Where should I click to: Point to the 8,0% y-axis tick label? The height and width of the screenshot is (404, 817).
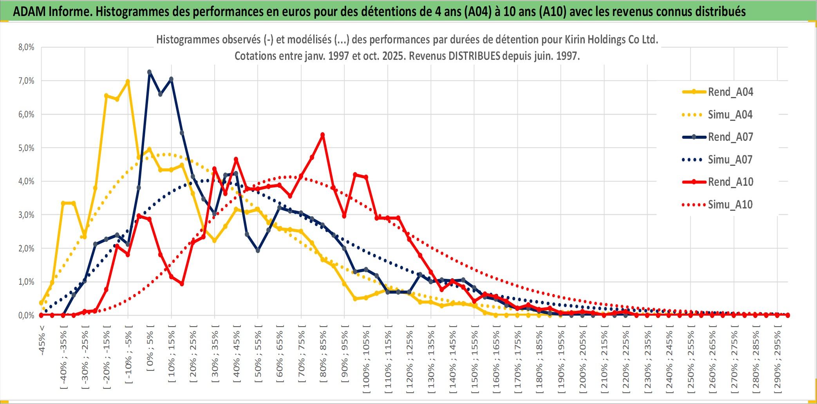coord(26,47)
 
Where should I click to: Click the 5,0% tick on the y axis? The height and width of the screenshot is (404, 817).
coord(26,148)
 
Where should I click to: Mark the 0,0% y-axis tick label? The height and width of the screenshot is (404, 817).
coord(26,315)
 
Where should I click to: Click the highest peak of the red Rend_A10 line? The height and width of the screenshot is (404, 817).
coord(322,135)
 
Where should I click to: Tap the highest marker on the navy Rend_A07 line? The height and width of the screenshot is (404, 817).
coord(149,72)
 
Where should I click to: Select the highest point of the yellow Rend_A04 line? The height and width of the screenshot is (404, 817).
coord(128,81)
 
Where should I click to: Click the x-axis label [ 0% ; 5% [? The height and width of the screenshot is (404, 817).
coord(150,348)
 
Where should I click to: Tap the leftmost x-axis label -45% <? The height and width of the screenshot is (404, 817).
coord(42,340)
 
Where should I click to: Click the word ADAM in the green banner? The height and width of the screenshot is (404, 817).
coord(29,11)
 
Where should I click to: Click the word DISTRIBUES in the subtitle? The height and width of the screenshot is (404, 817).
coord(474,56)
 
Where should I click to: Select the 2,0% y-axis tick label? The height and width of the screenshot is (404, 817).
coord(26,248)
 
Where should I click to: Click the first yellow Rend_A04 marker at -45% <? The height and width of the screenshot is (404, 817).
coord(41,303)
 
